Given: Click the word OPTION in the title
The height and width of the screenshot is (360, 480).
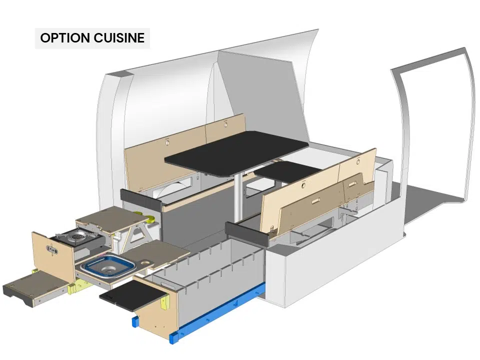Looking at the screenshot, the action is (65, 38).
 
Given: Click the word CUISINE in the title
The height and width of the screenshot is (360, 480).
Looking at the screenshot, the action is (119, 38).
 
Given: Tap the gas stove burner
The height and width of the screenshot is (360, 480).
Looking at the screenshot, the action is (76, 235).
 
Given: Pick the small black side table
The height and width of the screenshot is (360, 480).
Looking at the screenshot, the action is (288, 171).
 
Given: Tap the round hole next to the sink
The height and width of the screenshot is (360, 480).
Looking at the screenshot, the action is (145, 262).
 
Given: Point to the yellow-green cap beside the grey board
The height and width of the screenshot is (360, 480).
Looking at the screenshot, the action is (150, 218).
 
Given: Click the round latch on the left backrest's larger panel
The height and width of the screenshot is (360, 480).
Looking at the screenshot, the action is (167, 142).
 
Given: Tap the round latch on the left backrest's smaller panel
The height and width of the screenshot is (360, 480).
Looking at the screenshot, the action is (226, 124).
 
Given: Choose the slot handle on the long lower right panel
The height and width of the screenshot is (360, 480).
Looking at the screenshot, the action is (315, 201).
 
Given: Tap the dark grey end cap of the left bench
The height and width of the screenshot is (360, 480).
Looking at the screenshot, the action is (141, 199).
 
